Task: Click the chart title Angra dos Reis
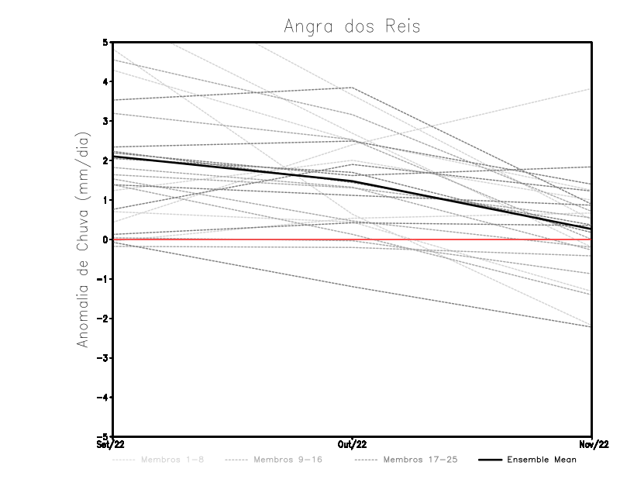352,26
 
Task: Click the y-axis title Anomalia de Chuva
83,239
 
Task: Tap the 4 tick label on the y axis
105,81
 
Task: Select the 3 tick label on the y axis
105,121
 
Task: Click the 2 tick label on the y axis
105,160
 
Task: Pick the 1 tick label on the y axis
105,200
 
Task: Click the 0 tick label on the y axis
105,239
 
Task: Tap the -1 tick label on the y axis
103,279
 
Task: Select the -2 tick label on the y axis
103,319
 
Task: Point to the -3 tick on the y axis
103,358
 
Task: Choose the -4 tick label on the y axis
103,398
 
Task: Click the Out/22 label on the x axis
353,445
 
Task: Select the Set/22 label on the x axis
109,445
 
